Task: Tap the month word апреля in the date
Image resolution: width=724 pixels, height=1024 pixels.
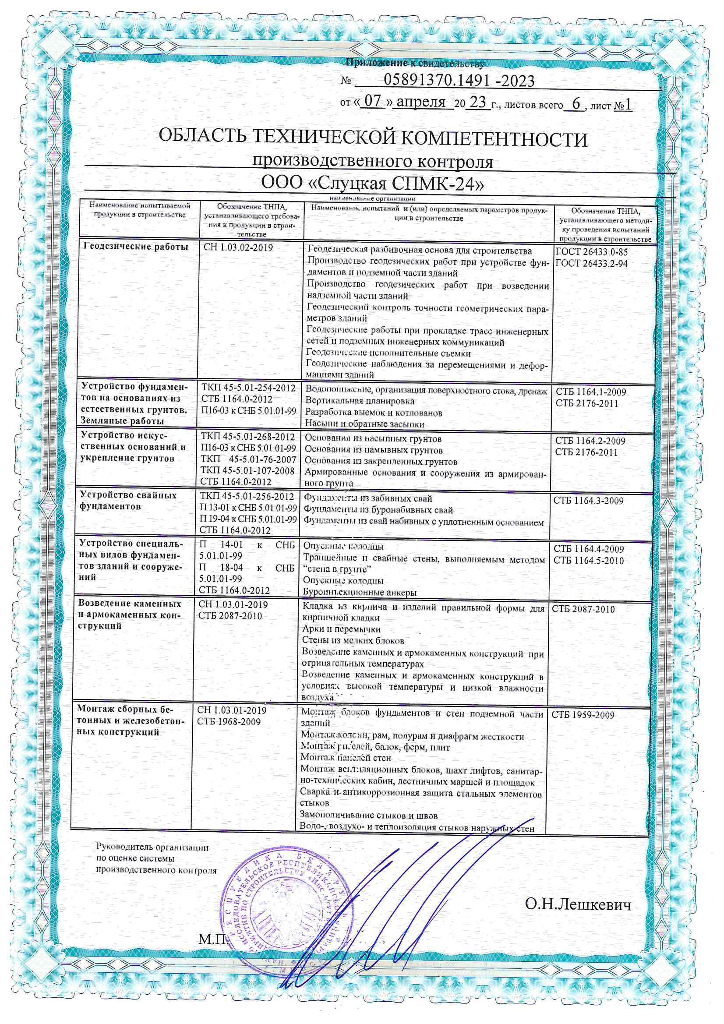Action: pos(421,102)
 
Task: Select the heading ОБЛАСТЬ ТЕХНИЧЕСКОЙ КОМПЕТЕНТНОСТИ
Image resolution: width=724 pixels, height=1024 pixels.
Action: pos(373,139)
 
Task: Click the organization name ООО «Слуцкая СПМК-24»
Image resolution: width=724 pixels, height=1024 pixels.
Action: pos(373,184)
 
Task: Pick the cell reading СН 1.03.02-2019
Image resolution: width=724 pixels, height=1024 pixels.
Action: pos(238,247)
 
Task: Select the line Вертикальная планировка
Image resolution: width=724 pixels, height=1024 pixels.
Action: pos(360,401)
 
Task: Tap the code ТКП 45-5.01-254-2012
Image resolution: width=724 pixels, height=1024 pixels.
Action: pos(248,388)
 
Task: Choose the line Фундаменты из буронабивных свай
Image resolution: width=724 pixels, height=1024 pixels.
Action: pos(378,510)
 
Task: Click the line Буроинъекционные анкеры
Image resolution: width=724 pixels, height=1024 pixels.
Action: pos(359,592)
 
